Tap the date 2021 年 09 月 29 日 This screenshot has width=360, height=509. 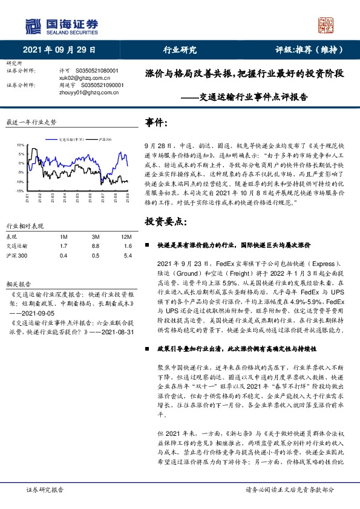[x=59, y=51]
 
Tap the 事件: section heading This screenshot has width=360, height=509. [x=157, y=123]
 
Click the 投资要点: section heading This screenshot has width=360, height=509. [x=165, y=223]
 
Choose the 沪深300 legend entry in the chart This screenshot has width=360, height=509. [x=104, y=138]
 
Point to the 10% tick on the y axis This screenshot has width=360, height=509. [x=20, y=145]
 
